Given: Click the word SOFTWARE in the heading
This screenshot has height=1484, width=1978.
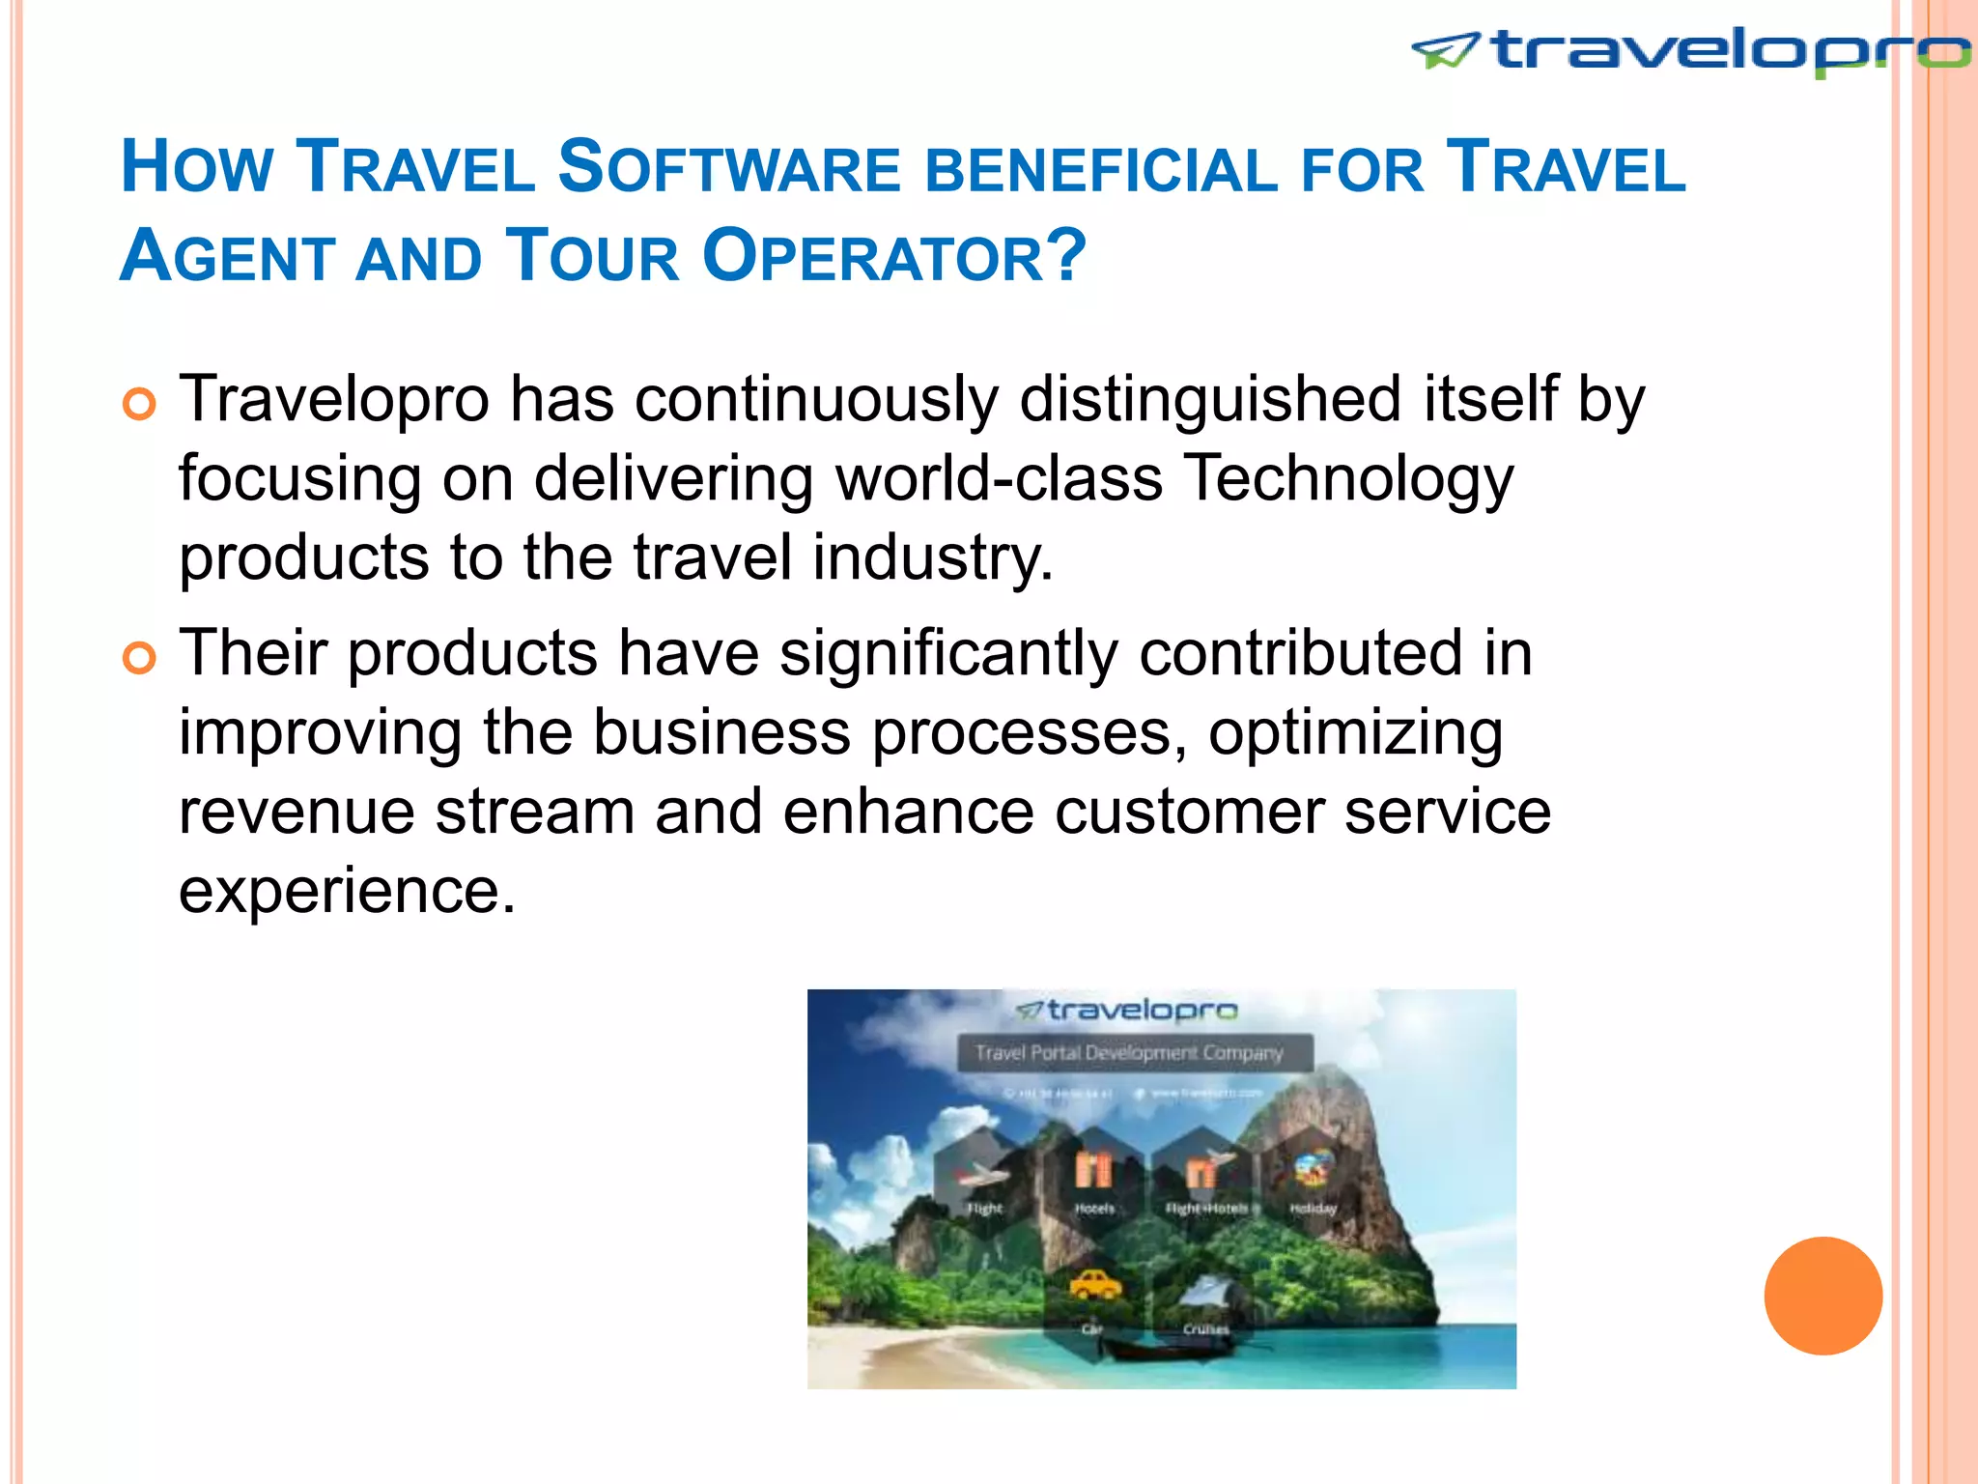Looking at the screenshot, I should [729, 168].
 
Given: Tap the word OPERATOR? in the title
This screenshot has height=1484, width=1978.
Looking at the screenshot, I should [894, 257].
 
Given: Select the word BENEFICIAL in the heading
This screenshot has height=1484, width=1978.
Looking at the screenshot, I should [1101, 170].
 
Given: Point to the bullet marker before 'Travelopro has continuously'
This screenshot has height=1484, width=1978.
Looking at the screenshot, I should [139, 404].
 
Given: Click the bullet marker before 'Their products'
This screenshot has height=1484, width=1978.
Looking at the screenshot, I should [139, 658].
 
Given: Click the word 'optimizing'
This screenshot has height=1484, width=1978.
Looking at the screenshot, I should [1355, 734].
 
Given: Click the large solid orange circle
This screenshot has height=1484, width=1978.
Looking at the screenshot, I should [1823, 1296].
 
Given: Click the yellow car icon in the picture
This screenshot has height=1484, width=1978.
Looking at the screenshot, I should [1094, 1285].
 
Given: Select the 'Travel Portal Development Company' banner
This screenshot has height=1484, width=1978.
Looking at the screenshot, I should [1134, 1052].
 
